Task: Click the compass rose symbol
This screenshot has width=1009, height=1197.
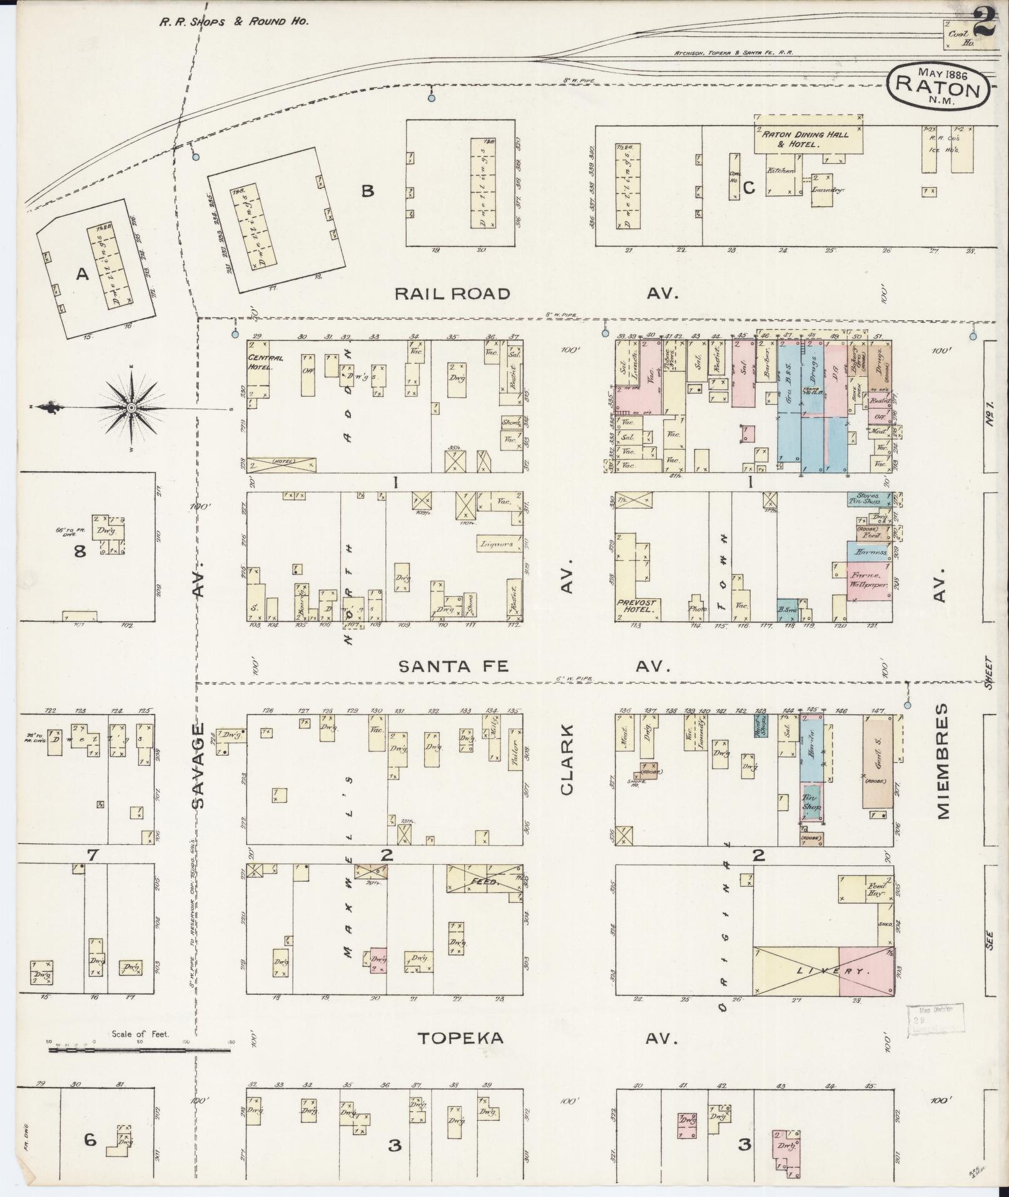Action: point(131,408)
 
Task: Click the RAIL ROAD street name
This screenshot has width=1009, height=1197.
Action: point(453,293)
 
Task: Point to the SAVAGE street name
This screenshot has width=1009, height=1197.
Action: point(199,766)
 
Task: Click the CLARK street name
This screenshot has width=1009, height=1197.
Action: point(567,760)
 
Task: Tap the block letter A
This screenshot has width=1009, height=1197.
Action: point(82,273)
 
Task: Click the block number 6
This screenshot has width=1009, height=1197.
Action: point(90,1140)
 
